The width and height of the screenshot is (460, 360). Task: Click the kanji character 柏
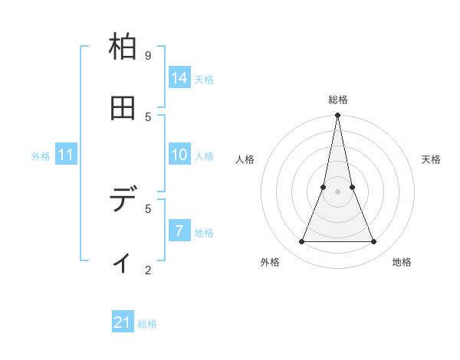coord(123,47)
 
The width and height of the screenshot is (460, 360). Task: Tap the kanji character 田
coord(123,109)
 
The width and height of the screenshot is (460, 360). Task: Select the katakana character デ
coord(123,201)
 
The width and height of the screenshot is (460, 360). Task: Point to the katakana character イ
coord(123,263)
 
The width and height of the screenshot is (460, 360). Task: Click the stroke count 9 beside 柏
coord(148,55)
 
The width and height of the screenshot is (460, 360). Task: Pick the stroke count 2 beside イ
coord(148,270)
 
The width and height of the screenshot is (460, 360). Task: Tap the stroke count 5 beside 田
coord(148,116)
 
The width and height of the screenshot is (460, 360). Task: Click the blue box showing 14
coord(179,78)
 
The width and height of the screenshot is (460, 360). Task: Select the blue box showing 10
coord(179,155)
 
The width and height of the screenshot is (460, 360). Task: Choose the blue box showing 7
coord(179,231)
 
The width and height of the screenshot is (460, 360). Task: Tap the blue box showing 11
coord(66,155)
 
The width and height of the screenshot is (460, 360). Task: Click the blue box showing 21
coord(123,322)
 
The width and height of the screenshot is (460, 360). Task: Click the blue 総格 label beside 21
coord(147,324)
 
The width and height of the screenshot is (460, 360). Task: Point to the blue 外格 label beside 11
coord(41,156)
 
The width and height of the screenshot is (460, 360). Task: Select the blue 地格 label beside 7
coord(204,233)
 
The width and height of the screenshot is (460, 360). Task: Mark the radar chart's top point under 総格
coord(337,115)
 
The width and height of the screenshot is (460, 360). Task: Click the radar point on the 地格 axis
coord(373,242)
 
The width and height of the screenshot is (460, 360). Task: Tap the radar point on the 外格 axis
coord(301,242)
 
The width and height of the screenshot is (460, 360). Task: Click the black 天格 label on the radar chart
coord(431,159)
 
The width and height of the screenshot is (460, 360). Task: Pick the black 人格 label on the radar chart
coord(245,159)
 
